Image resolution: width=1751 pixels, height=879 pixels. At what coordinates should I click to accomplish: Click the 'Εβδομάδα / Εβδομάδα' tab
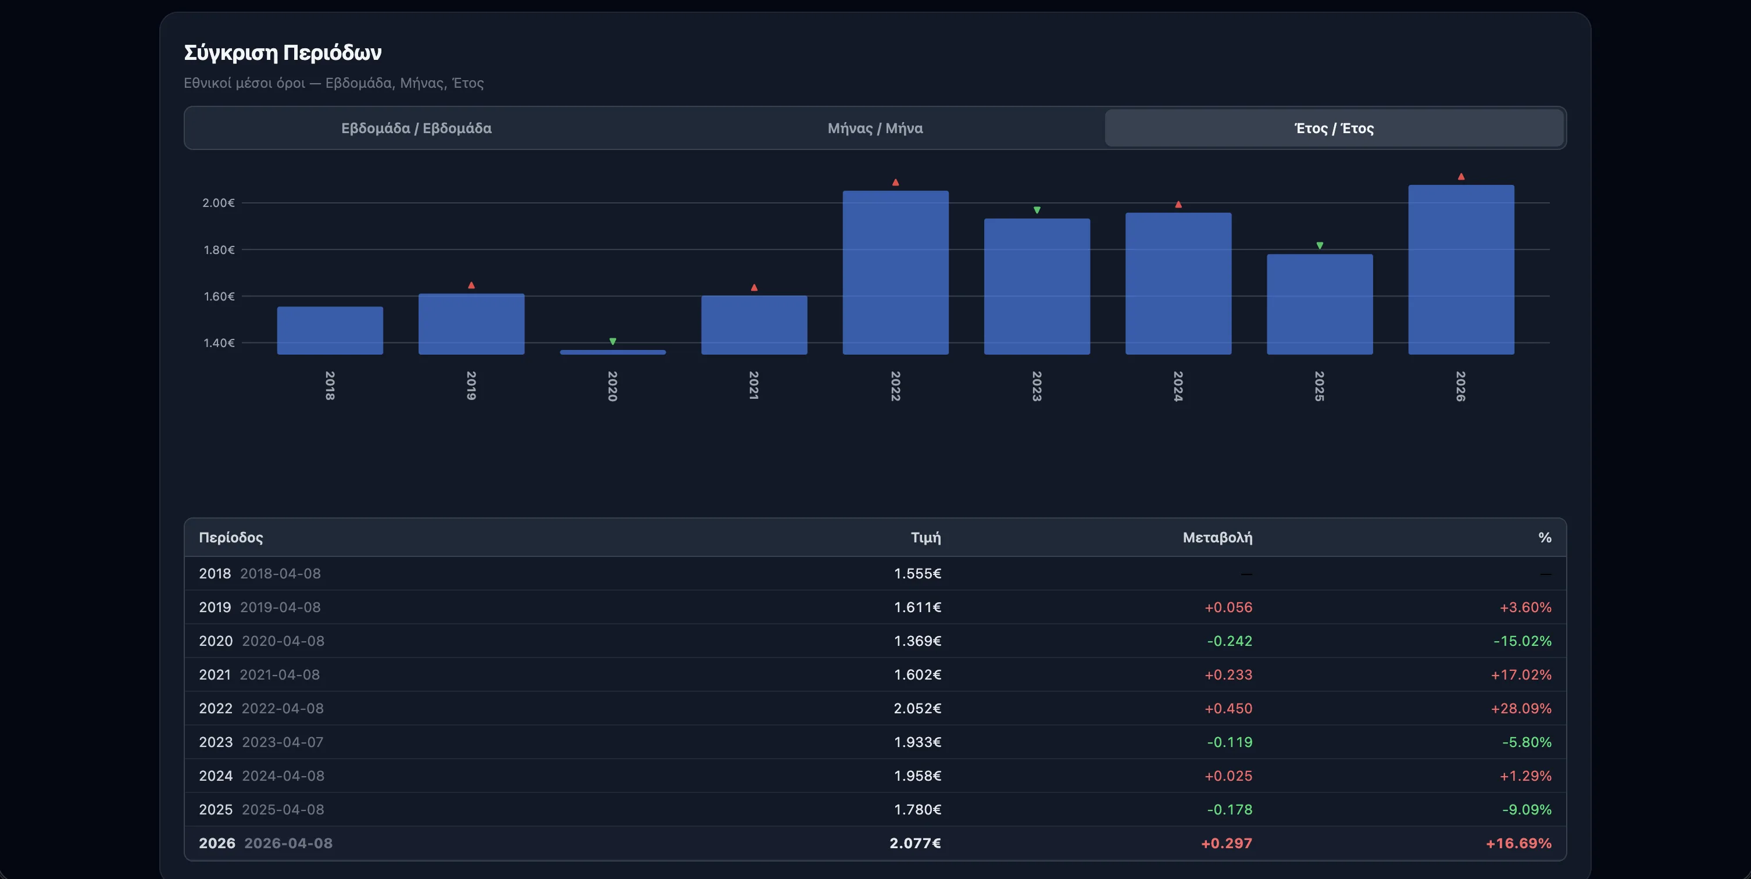point(416,128)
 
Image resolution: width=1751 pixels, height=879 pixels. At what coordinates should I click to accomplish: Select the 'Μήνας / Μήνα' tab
point(875,128)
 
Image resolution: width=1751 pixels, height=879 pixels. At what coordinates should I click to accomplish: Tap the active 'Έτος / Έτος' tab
point(1334,128)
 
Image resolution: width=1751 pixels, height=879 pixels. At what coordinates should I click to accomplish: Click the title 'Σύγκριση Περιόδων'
point(283,52)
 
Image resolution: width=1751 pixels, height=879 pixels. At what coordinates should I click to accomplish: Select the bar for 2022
point(895,272)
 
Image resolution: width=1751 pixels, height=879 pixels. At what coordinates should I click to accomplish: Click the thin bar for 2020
point(612,352)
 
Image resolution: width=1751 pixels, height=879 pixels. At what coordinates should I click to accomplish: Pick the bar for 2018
point(330,330)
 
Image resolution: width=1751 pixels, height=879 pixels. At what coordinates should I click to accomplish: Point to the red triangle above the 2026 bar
point(1461,177)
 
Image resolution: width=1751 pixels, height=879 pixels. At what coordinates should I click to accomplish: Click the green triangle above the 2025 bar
point(1320,245)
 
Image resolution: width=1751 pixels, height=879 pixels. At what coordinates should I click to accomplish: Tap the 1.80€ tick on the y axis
point(219,249)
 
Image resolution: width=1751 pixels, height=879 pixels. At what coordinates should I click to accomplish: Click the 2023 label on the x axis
point(1037,385)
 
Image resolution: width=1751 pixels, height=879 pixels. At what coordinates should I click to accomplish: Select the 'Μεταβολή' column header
point(1217,537)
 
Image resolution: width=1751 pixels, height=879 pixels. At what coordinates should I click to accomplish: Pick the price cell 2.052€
point(917,708)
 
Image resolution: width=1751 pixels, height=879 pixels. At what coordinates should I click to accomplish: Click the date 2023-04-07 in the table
point(283,742)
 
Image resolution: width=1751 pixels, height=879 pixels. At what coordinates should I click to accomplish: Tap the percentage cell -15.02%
point(1522,641)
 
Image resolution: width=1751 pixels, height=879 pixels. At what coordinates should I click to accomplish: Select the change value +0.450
point(1228,708)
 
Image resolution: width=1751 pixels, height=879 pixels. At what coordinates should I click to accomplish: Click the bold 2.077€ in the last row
point(915,843)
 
